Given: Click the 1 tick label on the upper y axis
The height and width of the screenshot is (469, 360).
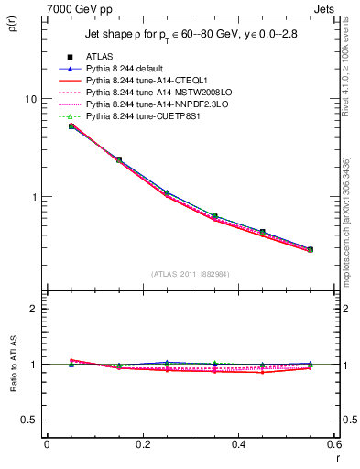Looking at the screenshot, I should [32, 197].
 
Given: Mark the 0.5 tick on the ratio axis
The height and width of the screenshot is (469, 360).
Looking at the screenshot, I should [27, 420].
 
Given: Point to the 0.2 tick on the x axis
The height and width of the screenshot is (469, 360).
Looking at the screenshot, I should [142, 443].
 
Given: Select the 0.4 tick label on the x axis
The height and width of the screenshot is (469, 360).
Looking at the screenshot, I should [238, 443].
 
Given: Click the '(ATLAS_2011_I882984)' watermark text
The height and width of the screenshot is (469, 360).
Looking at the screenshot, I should [191, 274].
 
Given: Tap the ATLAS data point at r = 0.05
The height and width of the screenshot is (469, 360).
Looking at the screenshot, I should [71, 125].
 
